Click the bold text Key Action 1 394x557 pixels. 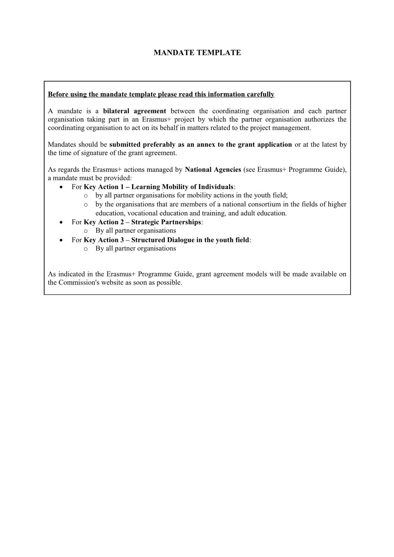pos(106,187)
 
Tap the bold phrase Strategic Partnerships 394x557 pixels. pos(166,222)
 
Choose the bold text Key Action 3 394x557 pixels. pos(106,240)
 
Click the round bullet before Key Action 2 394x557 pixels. pos(62,222)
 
